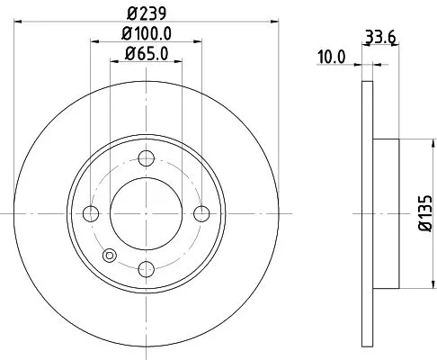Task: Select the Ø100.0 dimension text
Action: pyautogui.click(x=146, y=34)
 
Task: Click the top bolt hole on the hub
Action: pyautogui.click(x=146, y=159)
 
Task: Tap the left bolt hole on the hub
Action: pyautogui.click(x=90, y=213)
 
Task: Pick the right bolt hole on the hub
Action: pyautogui.click(x=201, y=213)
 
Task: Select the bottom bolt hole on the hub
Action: pyautogui.click(x=146, y=267)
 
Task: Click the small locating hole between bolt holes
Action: pyautogui.click(x=110, y=255)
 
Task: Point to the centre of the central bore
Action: pyautogui.click(x=146, y=213)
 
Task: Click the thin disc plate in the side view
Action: pyautogui.click(x=367, y=213)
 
